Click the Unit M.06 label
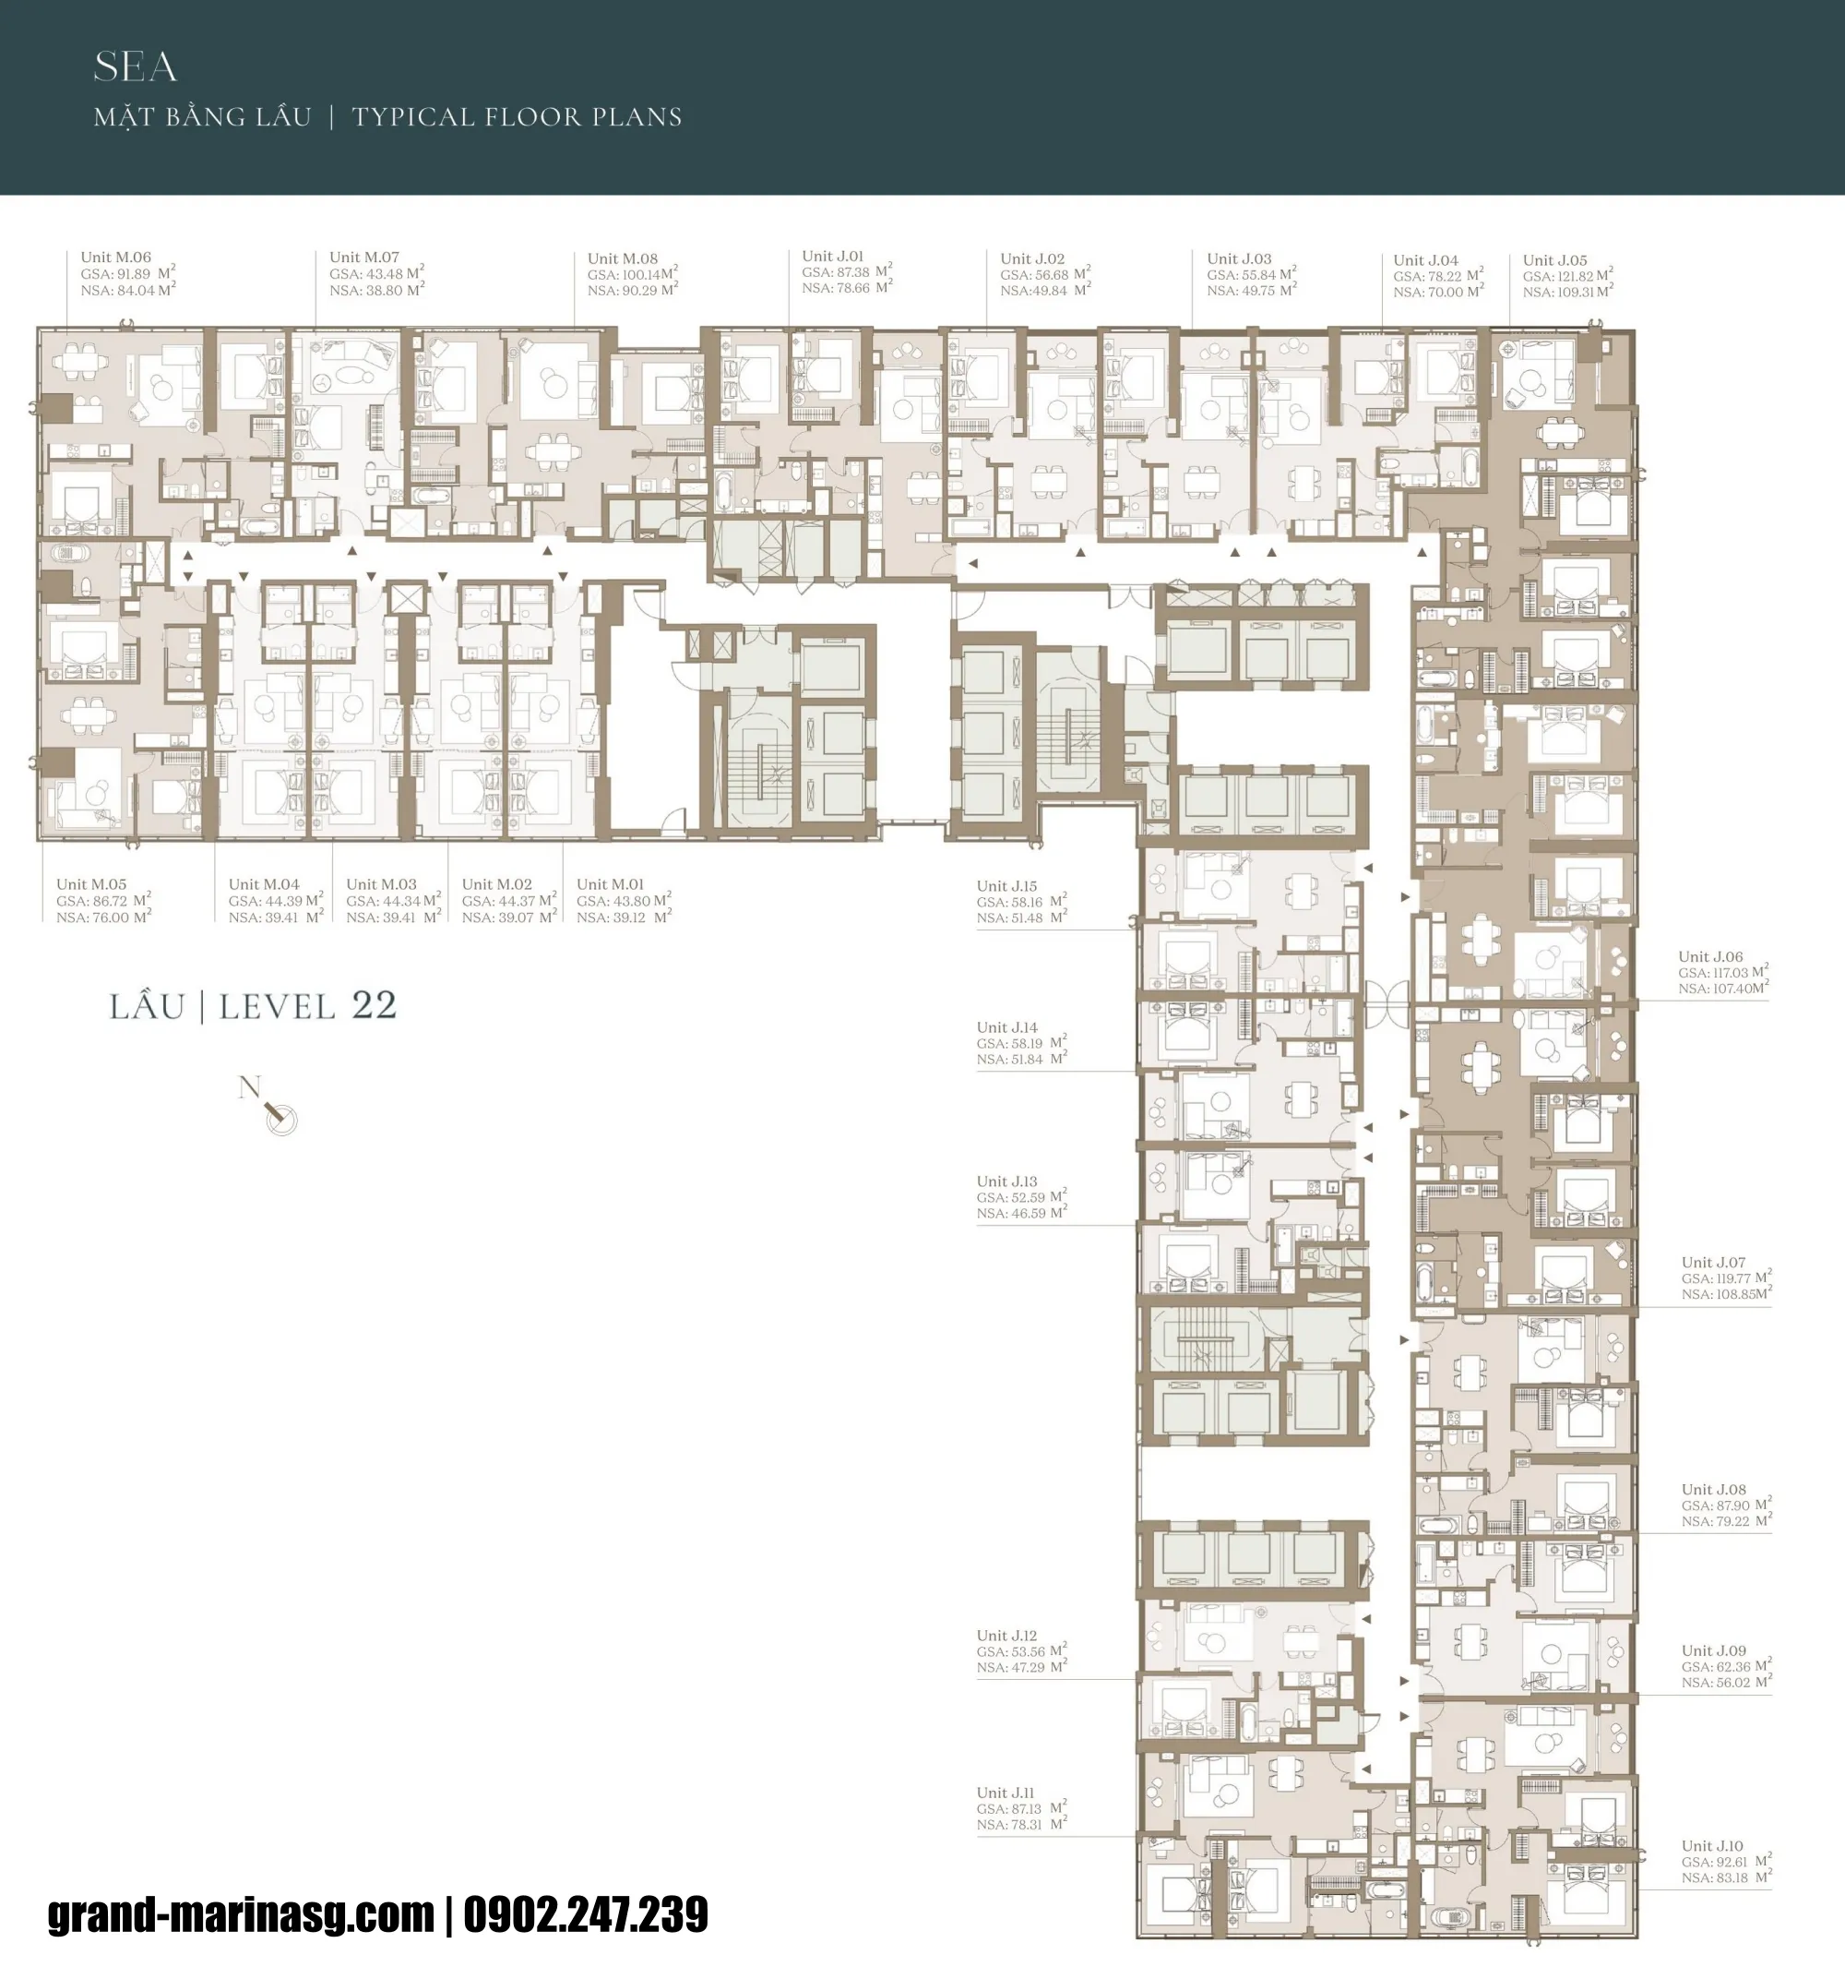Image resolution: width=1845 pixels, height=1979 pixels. point(115,257)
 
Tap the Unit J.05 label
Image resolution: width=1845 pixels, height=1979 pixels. point(1554,259)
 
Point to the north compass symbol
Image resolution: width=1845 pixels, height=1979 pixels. point(280,1118)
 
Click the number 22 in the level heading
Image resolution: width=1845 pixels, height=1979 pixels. point(375,1005)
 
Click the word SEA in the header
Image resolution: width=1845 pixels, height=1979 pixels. point(136,67)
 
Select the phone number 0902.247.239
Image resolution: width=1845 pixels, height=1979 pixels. point(585,1914)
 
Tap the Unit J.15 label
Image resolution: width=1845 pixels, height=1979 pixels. point(1006,886)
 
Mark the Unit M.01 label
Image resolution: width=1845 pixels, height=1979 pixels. point(610,884)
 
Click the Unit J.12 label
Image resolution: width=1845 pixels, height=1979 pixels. point(1006,1636)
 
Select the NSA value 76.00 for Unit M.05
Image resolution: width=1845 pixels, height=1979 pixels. point(112,918)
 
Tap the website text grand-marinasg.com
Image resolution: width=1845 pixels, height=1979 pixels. point(241,1914)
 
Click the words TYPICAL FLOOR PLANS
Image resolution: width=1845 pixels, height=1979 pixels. point(517,117)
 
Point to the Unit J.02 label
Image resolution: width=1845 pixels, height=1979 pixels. point(1032,258)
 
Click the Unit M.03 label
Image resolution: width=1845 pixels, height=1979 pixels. point(381,884)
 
